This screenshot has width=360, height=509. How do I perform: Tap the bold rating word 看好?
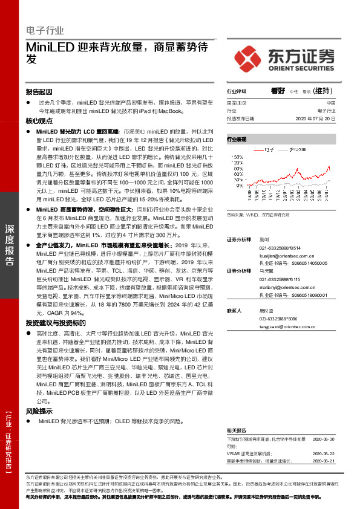[278, 91]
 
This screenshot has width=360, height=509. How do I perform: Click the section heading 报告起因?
[39, 91]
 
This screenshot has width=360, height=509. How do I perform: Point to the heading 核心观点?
[39, 121]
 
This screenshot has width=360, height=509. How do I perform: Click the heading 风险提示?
[39, 410]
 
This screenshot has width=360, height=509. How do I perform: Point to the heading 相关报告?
[237, 429]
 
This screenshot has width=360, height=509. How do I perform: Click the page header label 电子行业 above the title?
[45, 30]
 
